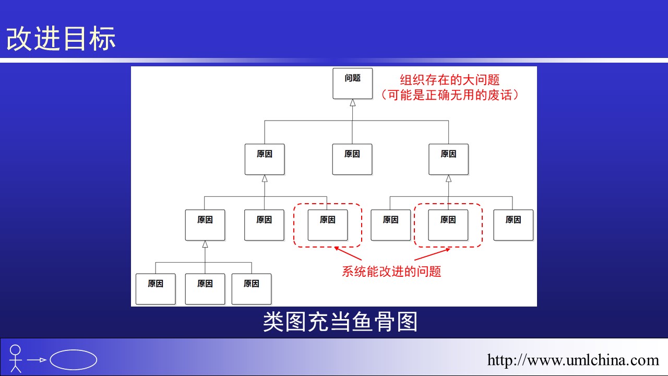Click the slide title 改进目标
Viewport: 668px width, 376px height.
[61, 39]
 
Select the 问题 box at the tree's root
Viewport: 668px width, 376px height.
[353, 84]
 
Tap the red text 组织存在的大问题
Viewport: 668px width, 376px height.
[450, 80]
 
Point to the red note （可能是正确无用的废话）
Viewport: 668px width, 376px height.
[450, 95]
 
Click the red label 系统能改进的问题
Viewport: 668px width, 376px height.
[391, 272]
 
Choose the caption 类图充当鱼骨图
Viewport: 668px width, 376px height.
[340, 322]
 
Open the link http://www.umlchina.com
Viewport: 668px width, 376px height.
[573, 360]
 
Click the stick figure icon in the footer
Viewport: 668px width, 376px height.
[16, 358]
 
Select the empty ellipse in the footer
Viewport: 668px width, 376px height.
[74, 359]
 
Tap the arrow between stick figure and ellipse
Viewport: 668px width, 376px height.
[37, 360]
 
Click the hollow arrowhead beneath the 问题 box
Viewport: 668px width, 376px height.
[353, 103]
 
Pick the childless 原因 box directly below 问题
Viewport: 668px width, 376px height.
[352, 159]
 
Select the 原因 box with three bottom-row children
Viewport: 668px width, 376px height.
[205, 225]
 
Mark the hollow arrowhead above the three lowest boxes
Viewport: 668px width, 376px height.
[205, 244]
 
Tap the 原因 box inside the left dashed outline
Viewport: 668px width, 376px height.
[328, 225]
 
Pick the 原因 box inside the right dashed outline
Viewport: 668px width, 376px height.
[448, 225]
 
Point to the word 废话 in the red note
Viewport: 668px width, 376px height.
[499, 95]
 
